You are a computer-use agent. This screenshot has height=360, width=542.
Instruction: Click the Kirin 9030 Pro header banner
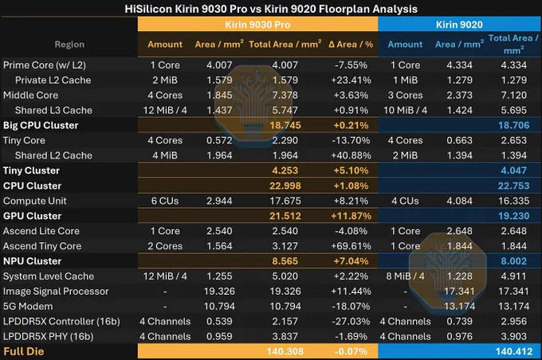point(258,25)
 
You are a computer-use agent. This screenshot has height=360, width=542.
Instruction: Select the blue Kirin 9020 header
point(459,25)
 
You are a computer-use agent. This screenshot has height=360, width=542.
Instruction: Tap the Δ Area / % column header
point(351,45)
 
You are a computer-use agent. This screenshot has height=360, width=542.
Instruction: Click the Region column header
point(69,45)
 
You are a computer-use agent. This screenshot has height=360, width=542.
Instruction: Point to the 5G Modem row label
point(28,307)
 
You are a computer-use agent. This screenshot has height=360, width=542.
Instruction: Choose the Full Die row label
point(24,351)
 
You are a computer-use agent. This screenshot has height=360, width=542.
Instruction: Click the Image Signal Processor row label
point(56,292)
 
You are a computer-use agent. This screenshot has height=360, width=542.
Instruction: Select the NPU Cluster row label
point(32,261)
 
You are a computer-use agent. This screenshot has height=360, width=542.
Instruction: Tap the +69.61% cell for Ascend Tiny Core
point(351,246)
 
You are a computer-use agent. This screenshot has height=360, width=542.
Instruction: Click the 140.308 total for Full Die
point(285,351)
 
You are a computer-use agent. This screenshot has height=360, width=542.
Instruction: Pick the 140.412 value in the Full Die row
point(513,351)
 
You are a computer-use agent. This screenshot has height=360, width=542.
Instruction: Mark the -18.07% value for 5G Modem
point(351,307)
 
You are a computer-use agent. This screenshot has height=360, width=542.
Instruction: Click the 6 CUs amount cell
point(165,201)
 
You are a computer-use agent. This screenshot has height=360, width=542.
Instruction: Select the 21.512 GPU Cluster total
point(285,216)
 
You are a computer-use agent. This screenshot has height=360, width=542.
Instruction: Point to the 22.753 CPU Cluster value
point(513,186)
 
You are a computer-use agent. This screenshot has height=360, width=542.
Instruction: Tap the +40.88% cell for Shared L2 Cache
point(351,155)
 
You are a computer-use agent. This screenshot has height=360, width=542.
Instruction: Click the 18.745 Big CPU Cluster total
point(285,125)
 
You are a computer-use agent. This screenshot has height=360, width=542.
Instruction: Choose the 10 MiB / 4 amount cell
point(405,110)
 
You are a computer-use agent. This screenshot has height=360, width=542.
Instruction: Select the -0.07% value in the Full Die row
point(351,351)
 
